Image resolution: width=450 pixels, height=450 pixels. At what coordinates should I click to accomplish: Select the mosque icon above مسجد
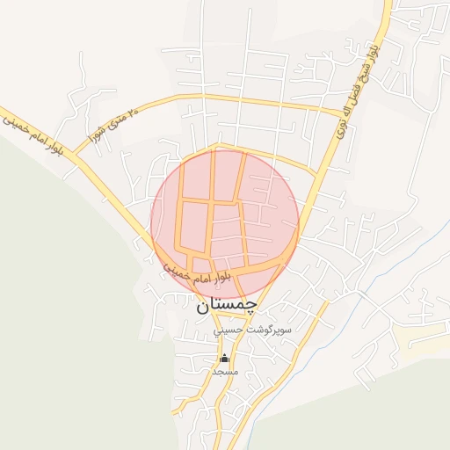click(225, 359)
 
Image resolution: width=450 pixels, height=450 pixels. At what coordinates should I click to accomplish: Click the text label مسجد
click(226, 372)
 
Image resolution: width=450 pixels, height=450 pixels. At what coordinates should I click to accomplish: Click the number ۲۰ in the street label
click(133, 112)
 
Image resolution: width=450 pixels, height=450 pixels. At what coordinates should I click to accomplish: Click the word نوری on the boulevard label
click(345, 126)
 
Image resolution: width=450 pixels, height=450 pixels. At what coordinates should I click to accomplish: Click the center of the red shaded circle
click(225, 223)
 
